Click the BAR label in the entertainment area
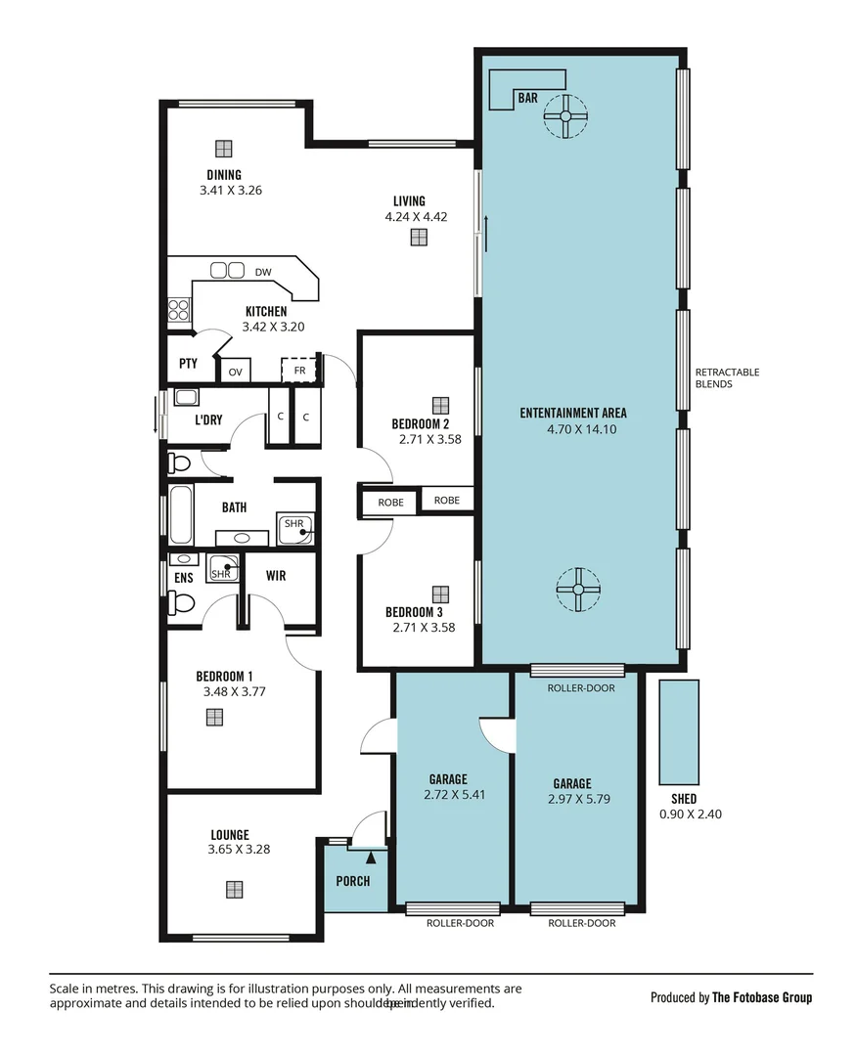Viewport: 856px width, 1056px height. coord(528,99)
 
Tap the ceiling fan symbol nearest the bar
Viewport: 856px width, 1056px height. coord(565,116)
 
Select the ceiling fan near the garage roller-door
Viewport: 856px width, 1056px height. coord(577,589)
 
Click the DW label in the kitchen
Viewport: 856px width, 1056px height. coord(263,272)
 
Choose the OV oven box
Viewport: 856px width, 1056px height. coord(236,373)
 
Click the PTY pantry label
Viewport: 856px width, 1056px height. coord(188,364)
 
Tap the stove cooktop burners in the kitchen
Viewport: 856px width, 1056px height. coord(178,310)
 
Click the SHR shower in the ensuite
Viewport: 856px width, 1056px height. coord(222,569)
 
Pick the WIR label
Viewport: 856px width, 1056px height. coord(276,576)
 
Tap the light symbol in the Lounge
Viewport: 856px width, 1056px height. coord(234,889)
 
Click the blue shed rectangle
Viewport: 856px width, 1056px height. coord(679,729)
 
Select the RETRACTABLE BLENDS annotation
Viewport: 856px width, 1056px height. coord(727,378)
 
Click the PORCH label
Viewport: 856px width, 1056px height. coord(353,881)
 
